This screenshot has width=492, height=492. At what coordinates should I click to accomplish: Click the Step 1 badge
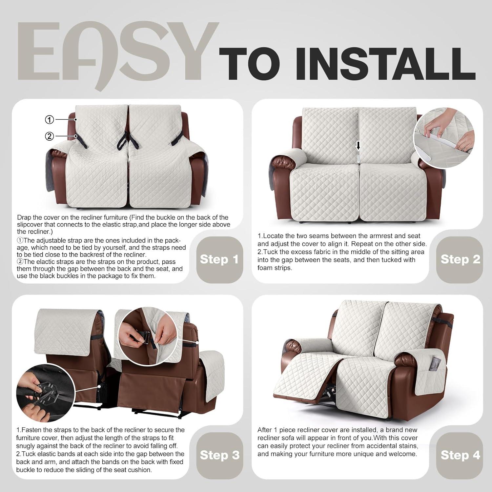tap(219, 259)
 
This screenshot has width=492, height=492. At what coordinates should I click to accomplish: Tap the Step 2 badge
tap(460, 259)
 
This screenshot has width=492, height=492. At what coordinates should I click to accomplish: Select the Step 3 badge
tap(219, 455)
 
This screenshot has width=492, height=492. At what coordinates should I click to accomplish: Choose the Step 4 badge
tap(460, 455)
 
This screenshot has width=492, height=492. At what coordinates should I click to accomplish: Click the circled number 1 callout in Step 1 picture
tap(49, 120)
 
